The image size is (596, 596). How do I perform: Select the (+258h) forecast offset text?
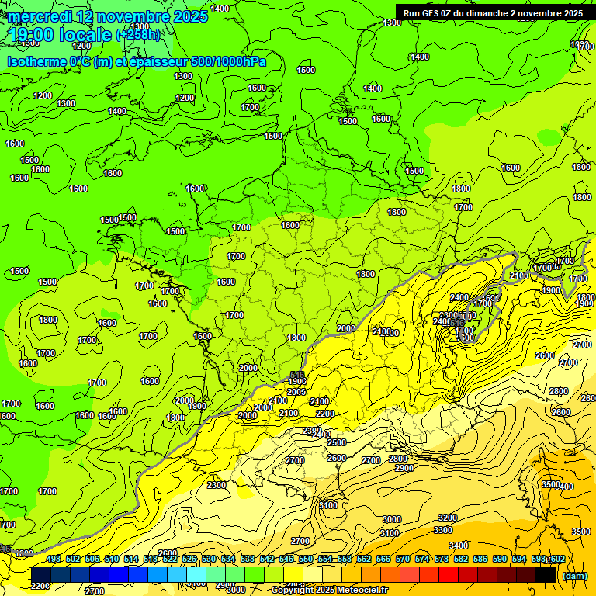(138, 34)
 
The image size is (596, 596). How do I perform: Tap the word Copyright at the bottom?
(293, 591)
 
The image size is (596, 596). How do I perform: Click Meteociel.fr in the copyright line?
(361, 591)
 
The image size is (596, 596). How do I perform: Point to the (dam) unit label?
(574, 576)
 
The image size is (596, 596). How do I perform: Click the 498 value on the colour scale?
(53, 559)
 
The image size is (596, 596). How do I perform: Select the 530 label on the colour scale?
(209, 559)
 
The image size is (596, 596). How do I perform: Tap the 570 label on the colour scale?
(403, 559)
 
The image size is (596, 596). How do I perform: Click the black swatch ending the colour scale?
(546, 574)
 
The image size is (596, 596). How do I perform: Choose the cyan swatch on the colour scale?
(196, 574)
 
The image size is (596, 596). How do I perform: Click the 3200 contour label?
(448, 517)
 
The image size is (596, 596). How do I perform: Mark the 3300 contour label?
(443, 530)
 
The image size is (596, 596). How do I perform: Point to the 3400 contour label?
(459, 546)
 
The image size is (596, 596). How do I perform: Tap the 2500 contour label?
(337, 442)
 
